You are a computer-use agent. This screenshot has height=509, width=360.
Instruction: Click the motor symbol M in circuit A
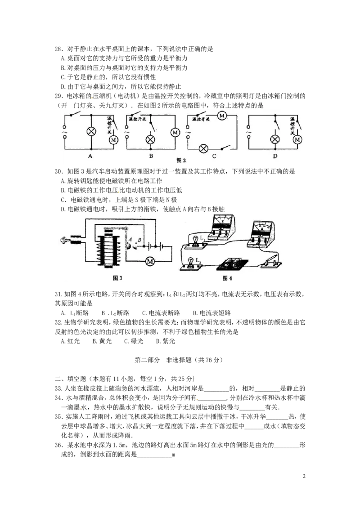tap(113, 140)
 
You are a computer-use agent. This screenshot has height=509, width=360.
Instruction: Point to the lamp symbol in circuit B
tap(150, 139)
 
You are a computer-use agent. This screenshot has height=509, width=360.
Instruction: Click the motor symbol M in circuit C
tap(221, 116)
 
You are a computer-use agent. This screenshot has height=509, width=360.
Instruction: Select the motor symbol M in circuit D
tap(297, 140)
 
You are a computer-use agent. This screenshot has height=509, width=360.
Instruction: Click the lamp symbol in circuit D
tap(274, 140)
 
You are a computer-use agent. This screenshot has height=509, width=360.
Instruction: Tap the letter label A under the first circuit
tap(90, 156)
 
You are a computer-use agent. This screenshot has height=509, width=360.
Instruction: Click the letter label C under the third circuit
tap(214, 156)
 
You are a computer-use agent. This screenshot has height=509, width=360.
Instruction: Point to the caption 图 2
tap(181, 161)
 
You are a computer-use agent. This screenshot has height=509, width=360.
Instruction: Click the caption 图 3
tap(117, 278)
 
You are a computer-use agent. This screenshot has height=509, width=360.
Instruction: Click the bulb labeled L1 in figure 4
tap(196, 240)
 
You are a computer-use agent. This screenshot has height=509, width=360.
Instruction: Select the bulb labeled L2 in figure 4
tap(191, 262)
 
